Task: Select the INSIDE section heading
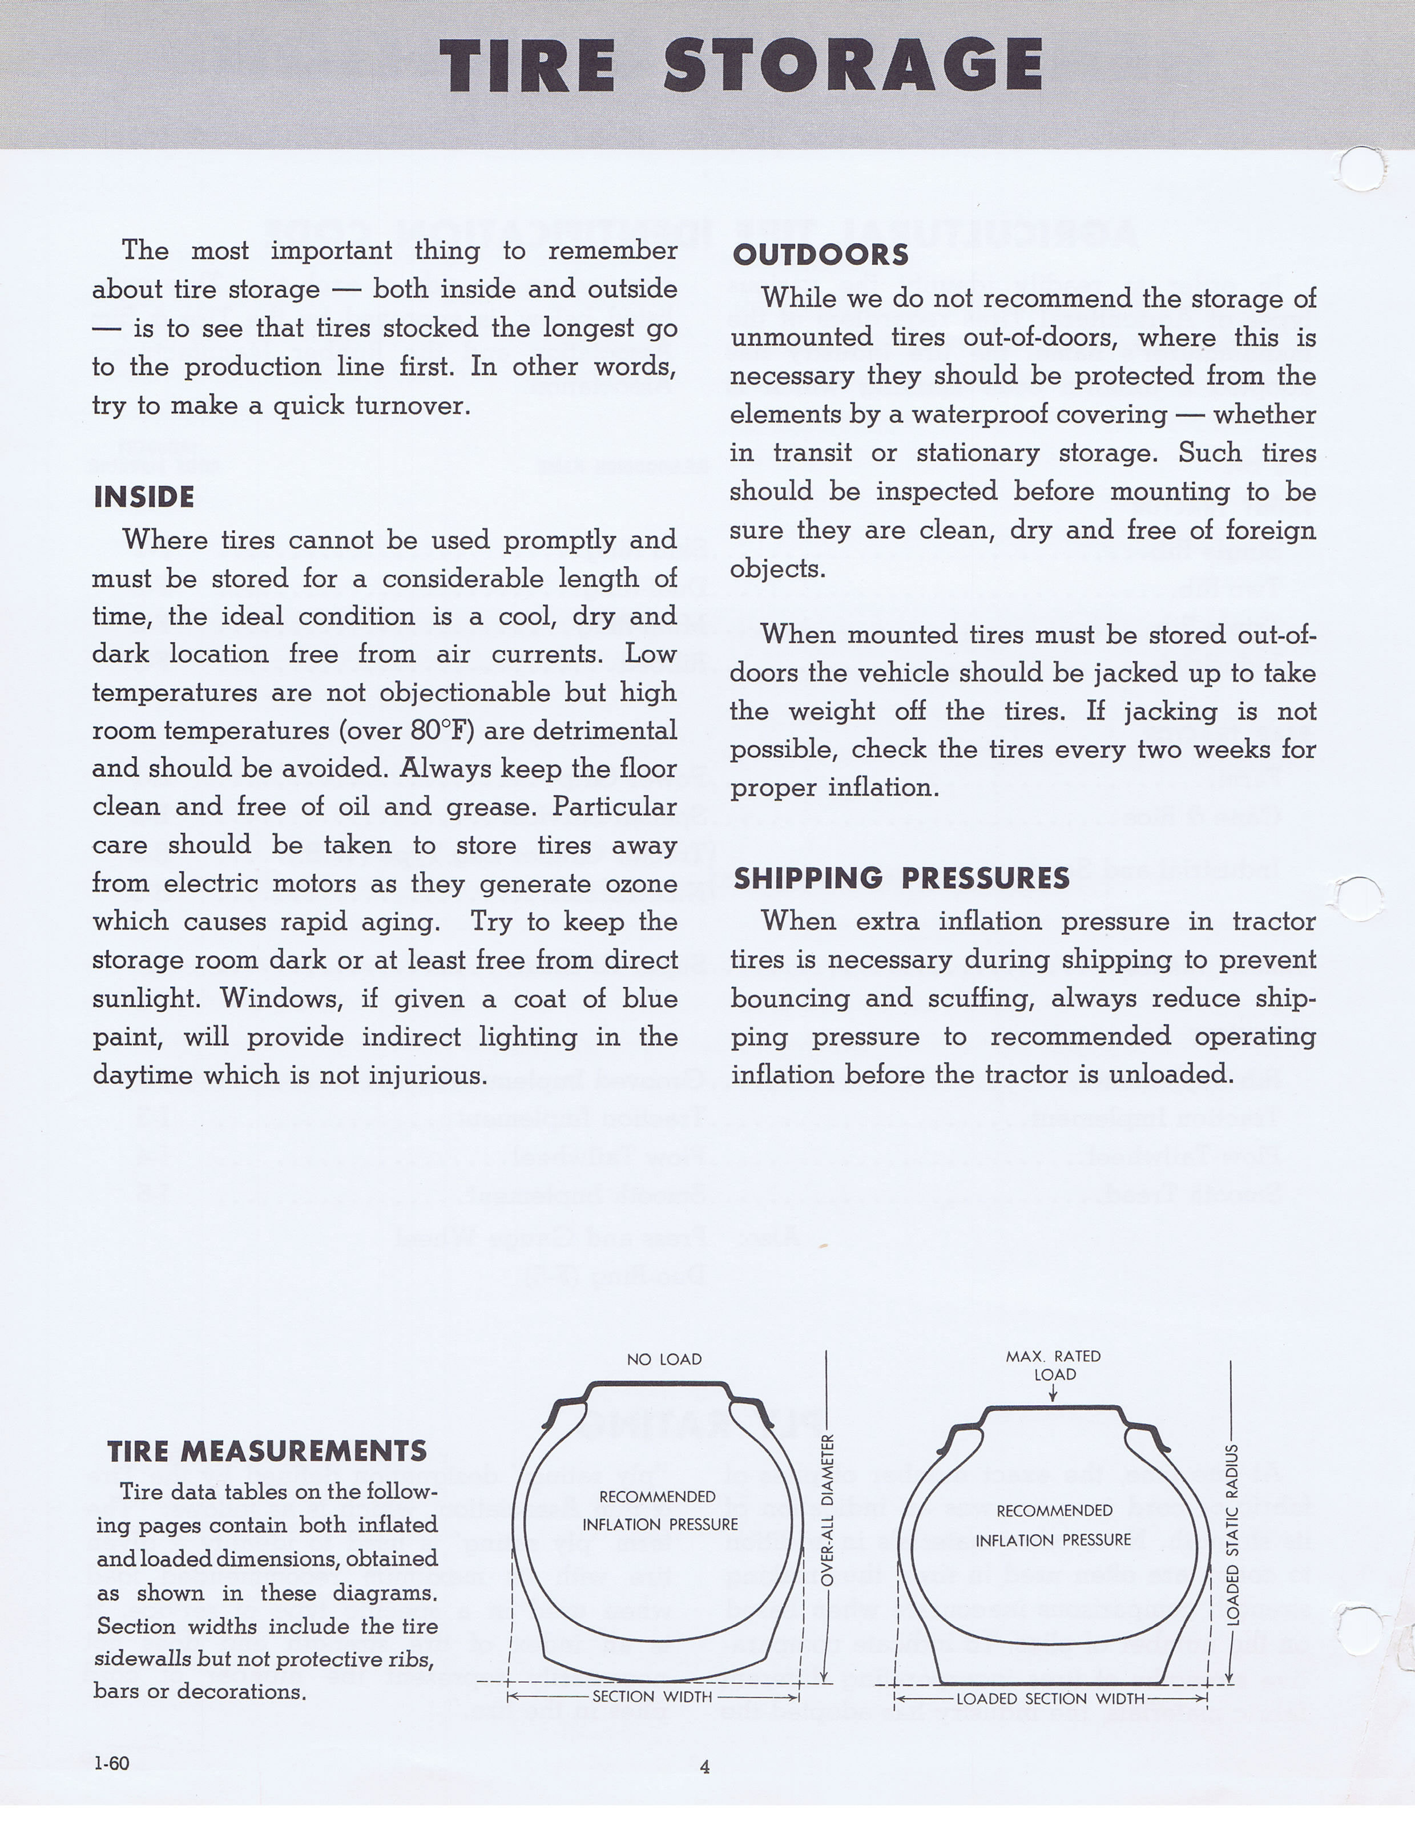(x=144, y=497)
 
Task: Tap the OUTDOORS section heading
(x=820, y=255)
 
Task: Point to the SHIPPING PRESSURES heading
(x=901, y=878)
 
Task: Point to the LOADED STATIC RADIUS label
(x=1232, y=1533)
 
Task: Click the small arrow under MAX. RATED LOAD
(x=1053, y=1393)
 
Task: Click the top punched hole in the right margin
(x=1360, y=168)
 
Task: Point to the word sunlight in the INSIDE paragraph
(x=144, y=999)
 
